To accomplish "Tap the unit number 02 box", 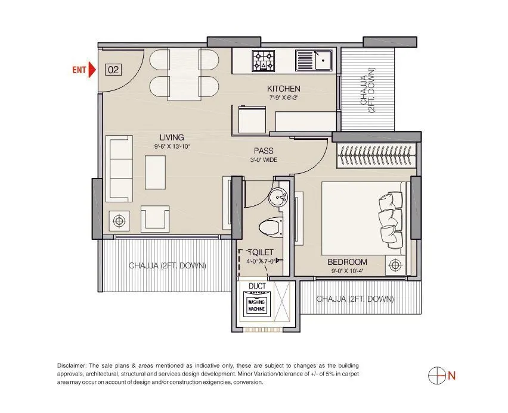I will [x=113, y=70].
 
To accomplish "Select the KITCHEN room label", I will [x=283, y=89].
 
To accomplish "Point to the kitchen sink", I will [x=316, y=60].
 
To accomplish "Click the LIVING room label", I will [x=171, y=137].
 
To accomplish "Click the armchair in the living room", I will [x=154, y=219].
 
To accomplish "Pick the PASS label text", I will [x=264, y=151].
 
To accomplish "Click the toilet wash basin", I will [x=278, y=196].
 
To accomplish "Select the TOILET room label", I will [x=262, y=252].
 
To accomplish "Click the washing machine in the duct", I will [x=260, y=305].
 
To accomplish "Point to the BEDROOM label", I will [x=347, y=262].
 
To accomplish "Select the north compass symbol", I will [x=437, y=375].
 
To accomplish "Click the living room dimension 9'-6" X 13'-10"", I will [x=171, y=146].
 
